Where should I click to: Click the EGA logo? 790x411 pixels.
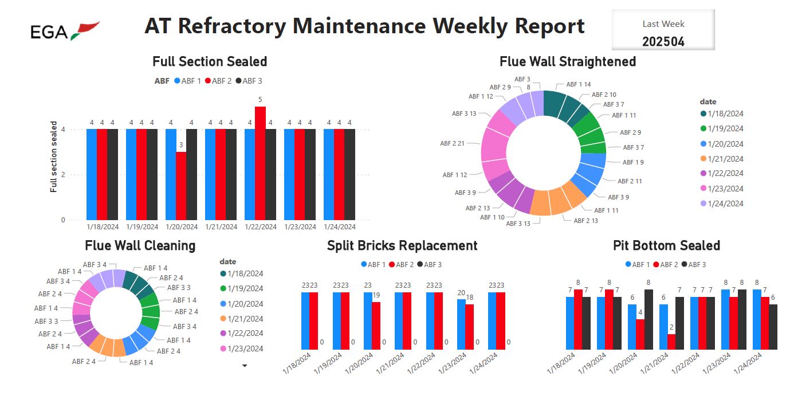pyautogui.click(x=65, y=30)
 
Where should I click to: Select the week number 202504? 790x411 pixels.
pyautogui.click(x=663, y=41)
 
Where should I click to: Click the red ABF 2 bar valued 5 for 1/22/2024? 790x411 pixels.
pyautogui.click(x=260, y=163)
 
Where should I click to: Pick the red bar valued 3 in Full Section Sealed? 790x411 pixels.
pyautogui.click(x=181, y=185)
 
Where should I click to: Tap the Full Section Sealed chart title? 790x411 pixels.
pyautogui.click(x=210, y=61)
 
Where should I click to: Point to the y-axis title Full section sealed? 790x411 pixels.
pyautogui.click(x=54, y=156)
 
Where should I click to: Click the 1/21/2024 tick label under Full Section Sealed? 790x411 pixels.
pyautogui.click(x=221, y=227)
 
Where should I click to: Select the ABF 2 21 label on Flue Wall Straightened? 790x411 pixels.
pyautogui.click(x=452, y=143)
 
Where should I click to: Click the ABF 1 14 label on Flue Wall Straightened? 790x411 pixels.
pyautogui.click(x=578, y=84)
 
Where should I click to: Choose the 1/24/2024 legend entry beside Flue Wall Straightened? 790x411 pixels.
pyautogui.click(x=725, y=203)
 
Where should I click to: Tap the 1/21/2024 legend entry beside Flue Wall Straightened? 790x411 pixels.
pyautogui.click(x=725, y=159)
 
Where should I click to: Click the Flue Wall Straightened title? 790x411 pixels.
pyautogui.click(x=568, y=61)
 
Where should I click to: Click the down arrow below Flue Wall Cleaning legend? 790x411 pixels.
pyautogui.click(x=245, y=365)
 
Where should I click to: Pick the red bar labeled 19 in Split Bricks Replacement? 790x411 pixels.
pyautogui.click(x=376, y=325)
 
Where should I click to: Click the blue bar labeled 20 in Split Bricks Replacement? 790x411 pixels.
pyautogui.click(x=461, y=324)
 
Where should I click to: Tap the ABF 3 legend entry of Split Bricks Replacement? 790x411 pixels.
pyautogui.click(x=429, y=264)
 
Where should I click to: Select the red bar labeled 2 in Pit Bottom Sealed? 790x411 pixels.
pyautogui.click(x=671, y=342)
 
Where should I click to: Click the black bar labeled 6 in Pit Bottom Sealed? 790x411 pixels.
pyautogui.click(x=773, y=327)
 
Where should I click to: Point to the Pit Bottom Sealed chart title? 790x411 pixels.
pyautogui.click(x=666, y=246)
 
